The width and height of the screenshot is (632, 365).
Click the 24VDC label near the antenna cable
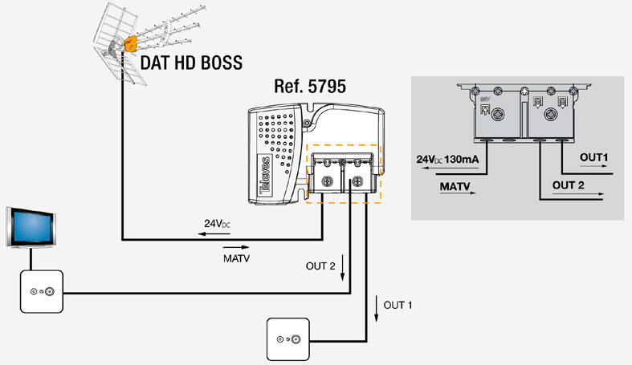[x=216, y=224]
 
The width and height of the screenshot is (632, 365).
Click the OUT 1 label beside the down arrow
[x=398, y=306]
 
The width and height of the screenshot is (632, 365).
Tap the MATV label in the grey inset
[x=455, y=186]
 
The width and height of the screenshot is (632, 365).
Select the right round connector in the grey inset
[x=554, y=115]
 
